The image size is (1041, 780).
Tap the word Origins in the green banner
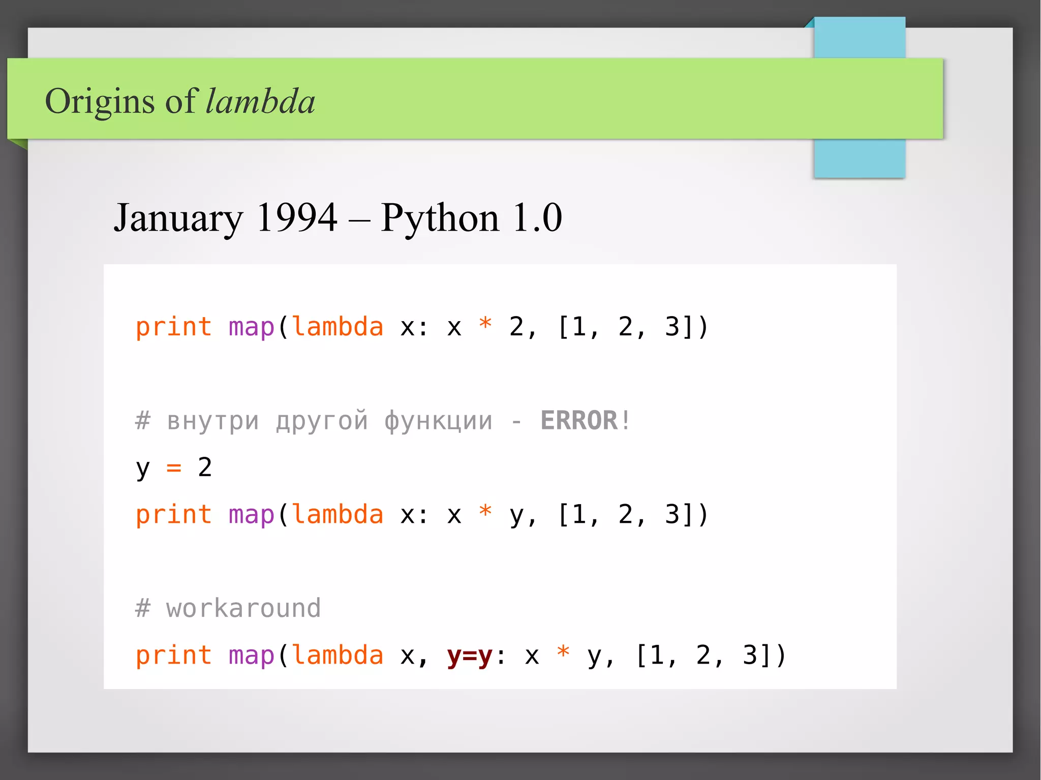100,102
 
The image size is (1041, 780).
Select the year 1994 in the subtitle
297,217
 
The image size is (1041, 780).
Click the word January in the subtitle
178,217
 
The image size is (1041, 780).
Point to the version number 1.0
537,217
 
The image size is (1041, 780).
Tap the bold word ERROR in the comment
579,421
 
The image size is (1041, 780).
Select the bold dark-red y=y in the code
470,655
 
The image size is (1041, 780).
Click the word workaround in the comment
243,608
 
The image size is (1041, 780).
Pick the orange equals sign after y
174,467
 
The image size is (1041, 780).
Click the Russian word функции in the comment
438,421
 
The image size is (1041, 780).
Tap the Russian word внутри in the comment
213,421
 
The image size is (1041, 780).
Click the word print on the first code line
173,327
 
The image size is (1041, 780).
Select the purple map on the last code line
251,656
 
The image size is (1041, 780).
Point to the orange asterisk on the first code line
485,324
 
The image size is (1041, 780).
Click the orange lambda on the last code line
338,655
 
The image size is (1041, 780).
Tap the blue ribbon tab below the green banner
859,158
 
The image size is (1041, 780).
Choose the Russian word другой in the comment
322,421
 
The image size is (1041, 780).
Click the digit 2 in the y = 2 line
205,467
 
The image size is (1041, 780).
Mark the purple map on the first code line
251,327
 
